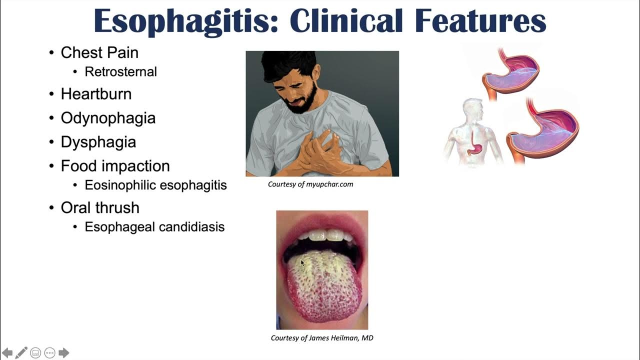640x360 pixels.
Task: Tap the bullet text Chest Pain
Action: point(99,52)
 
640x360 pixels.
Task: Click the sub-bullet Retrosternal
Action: point(120,71)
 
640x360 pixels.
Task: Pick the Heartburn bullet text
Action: point(96,94)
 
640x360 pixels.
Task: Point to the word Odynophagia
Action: point(108,118)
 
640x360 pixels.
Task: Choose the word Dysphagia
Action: point(98,142)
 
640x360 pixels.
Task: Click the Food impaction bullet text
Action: point(115,166)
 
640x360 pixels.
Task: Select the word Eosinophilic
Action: point(120,185)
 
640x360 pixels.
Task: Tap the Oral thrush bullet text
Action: point(100,207)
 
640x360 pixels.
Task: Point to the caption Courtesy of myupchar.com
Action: point(310,184)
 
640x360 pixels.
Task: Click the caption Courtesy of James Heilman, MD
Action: point(322,338)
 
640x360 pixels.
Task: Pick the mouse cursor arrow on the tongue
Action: point(302,262)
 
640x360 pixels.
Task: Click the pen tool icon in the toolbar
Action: point(21,352)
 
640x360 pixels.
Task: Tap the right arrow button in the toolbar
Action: point(63,352)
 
